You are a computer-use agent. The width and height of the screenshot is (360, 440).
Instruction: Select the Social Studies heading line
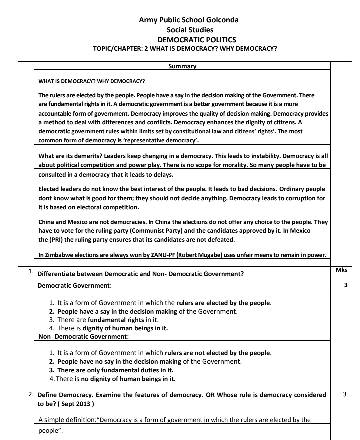click(x=190, y=30)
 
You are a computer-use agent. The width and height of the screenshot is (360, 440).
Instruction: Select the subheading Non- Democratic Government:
click(x=83, y=337)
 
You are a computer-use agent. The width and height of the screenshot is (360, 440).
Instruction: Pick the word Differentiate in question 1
click(x=57, y=274)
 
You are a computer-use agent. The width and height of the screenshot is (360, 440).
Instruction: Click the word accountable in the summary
click(x=54, y=113)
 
